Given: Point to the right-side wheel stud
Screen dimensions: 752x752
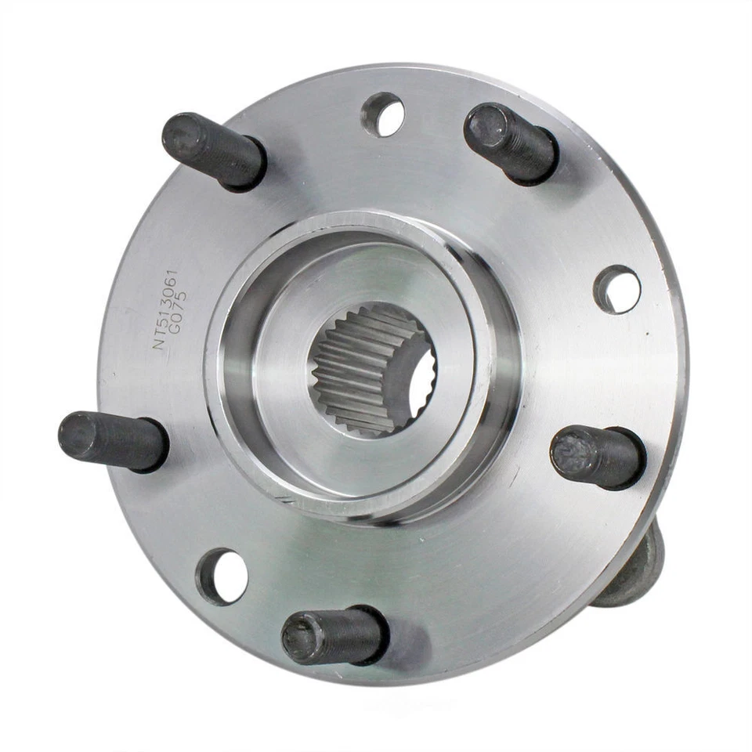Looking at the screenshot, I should point(597,457).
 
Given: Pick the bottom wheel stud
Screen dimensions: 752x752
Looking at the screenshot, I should point(334,635).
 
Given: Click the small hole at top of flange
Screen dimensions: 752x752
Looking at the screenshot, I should point(382,114).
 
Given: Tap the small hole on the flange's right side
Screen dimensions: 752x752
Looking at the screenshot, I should point(617,290).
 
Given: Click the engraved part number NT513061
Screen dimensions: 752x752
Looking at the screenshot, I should point(167,309).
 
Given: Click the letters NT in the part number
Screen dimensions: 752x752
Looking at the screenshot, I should point(160,339).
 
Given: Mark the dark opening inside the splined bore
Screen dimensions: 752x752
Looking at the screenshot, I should point(423,388).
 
